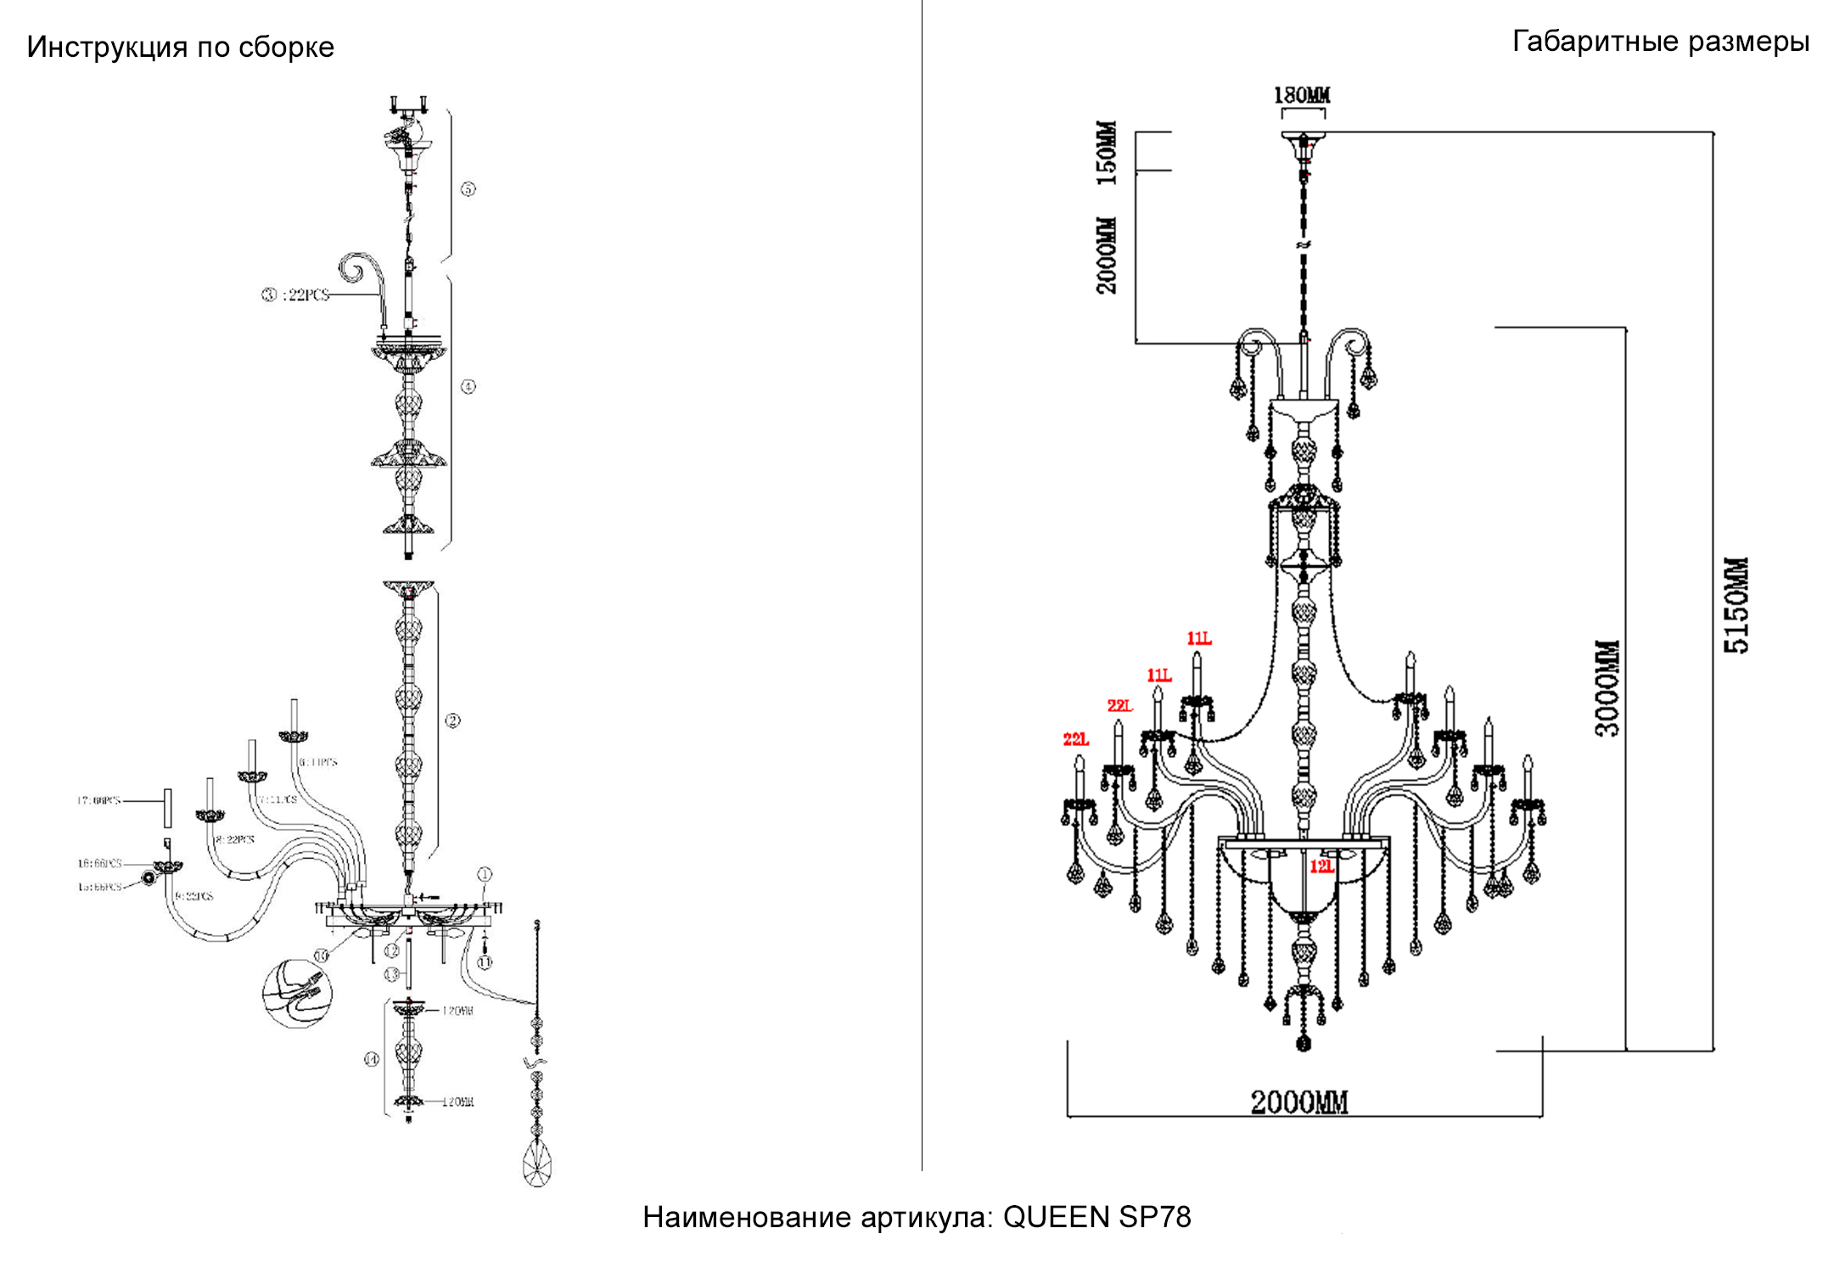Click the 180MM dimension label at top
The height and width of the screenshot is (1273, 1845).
tap(1301, 95)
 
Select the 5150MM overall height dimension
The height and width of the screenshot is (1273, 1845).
tap(1736, 605)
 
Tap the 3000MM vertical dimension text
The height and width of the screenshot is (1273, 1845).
tap(1607, 688)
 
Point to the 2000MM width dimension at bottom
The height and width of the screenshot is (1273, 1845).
tap(1299, 1102)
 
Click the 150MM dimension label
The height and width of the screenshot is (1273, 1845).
tap(1107, 153)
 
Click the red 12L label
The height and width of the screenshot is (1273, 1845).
tap(1321, 866)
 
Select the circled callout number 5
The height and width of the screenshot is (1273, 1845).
tap(468, 189)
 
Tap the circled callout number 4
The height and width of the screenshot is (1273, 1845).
tap(468, 387)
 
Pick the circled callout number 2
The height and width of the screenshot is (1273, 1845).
tap(452, 721)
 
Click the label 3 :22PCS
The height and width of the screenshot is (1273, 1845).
tap(294, 295)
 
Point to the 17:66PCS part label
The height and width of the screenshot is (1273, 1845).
tap(99, 800)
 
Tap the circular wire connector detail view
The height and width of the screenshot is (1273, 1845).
tap(297, 992)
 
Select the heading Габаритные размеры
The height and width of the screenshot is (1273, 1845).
tap(1661, 42)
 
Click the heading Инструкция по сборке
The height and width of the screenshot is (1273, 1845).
tap(181, 48)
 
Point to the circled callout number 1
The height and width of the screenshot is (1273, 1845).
tap(485, 874)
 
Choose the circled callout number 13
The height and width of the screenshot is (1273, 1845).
tap(391, 973)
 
